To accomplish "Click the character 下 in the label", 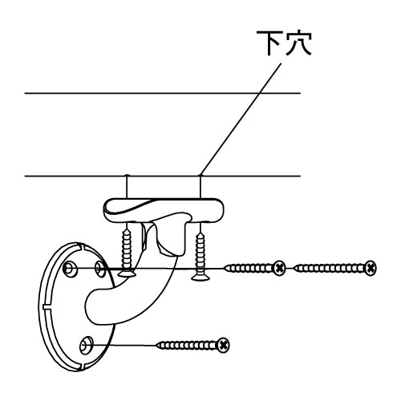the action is click(269, 43).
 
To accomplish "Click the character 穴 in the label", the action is click(298, 43).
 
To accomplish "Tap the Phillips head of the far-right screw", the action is click(371, 268).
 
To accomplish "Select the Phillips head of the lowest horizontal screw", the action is click(223, 345).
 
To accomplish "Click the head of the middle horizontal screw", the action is click(279, 268).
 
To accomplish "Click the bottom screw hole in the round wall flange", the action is click(86, 345).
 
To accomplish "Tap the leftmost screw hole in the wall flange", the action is click(69, 269).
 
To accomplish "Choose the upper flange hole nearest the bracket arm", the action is click(100, 268).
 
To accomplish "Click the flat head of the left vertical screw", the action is click(127, 273).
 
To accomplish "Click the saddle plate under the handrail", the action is click(164, 210).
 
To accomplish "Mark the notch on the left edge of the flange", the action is click(46, 306).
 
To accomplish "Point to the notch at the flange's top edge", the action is click(79, 246).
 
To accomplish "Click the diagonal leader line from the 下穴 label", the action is click(241, 119).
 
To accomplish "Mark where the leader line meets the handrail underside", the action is click(200, 176).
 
